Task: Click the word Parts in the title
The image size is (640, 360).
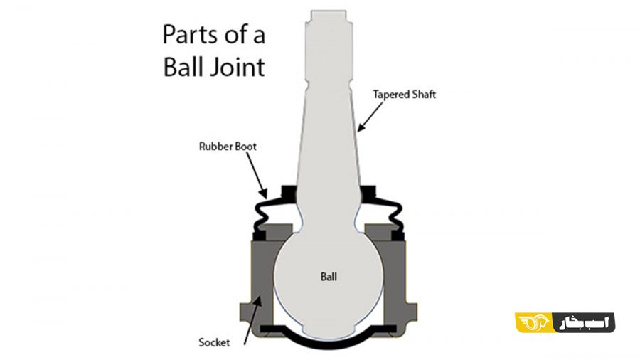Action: click(x=193, y=34)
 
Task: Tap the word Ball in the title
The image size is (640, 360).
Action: click(x=183, y=67)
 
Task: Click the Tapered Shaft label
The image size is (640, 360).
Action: click(x=404, y=95)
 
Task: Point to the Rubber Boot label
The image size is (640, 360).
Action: click(x=228, y=146)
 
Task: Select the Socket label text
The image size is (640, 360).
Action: click(x=214, y=342)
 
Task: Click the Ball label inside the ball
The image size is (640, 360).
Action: click(x=329, y=277)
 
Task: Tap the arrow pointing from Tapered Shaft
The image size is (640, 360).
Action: click(x=370, y=117)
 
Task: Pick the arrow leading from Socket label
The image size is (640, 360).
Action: click(x=252, y=321)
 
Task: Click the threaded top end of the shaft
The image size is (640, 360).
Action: click(x=329, y=24)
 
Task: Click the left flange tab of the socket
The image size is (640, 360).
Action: click(x=245, y=312)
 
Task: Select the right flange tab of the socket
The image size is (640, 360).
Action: click(x=412, y=312)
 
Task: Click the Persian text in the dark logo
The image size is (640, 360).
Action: click(x=585, y=322)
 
